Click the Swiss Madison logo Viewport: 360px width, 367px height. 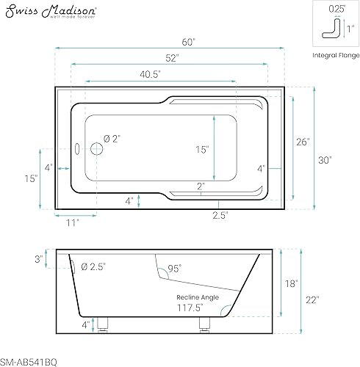pos(51,12)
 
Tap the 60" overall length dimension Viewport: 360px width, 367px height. pos(188,43)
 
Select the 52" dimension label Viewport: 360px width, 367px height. pos(172,58)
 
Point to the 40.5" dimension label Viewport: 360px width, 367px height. pos(150,74)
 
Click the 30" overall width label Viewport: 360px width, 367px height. pos(325,160)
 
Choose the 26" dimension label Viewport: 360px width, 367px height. pos(303,142)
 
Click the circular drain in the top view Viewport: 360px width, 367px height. pos(96,149)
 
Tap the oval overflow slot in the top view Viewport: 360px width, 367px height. pos(77,149)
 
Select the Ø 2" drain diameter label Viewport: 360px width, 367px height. pos(112,139)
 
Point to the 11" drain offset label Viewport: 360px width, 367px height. pos(73,223)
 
